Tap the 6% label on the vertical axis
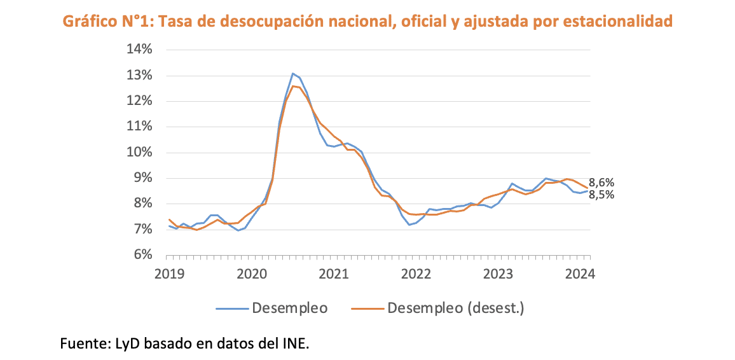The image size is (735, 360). tap(142, 254)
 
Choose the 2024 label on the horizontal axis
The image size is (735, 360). tap(579, 274)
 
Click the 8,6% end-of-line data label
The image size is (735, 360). tap(601, 182)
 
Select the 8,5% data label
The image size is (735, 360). tap(601, 195)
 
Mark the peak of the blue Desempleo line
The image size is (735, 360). tap(293, 73)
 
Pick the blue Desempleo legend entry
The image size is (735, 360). tap(289, 308)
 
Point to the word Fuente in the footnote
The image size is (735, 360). tap(83, 344)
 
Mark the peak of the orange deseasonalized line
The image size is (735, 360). tap(293, 86)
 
